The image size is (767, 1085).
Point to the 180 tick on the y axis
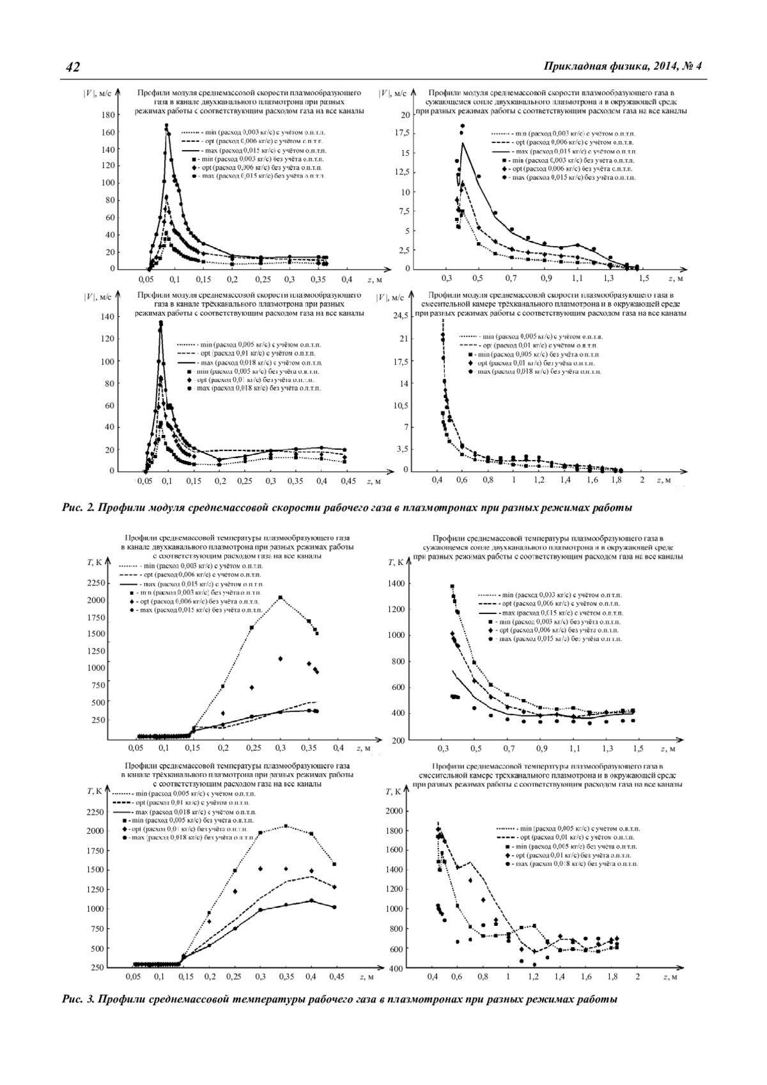tap(107, 116)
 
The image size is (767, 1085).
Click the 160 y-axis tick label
tap(107, 133)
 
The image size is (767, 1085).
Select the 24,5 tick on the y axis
tap(399, 316)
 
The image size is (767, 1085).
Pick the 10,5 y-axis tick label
tap(399, 405)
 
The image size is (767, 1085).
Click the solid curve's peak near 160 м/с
tap(166, 126)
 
